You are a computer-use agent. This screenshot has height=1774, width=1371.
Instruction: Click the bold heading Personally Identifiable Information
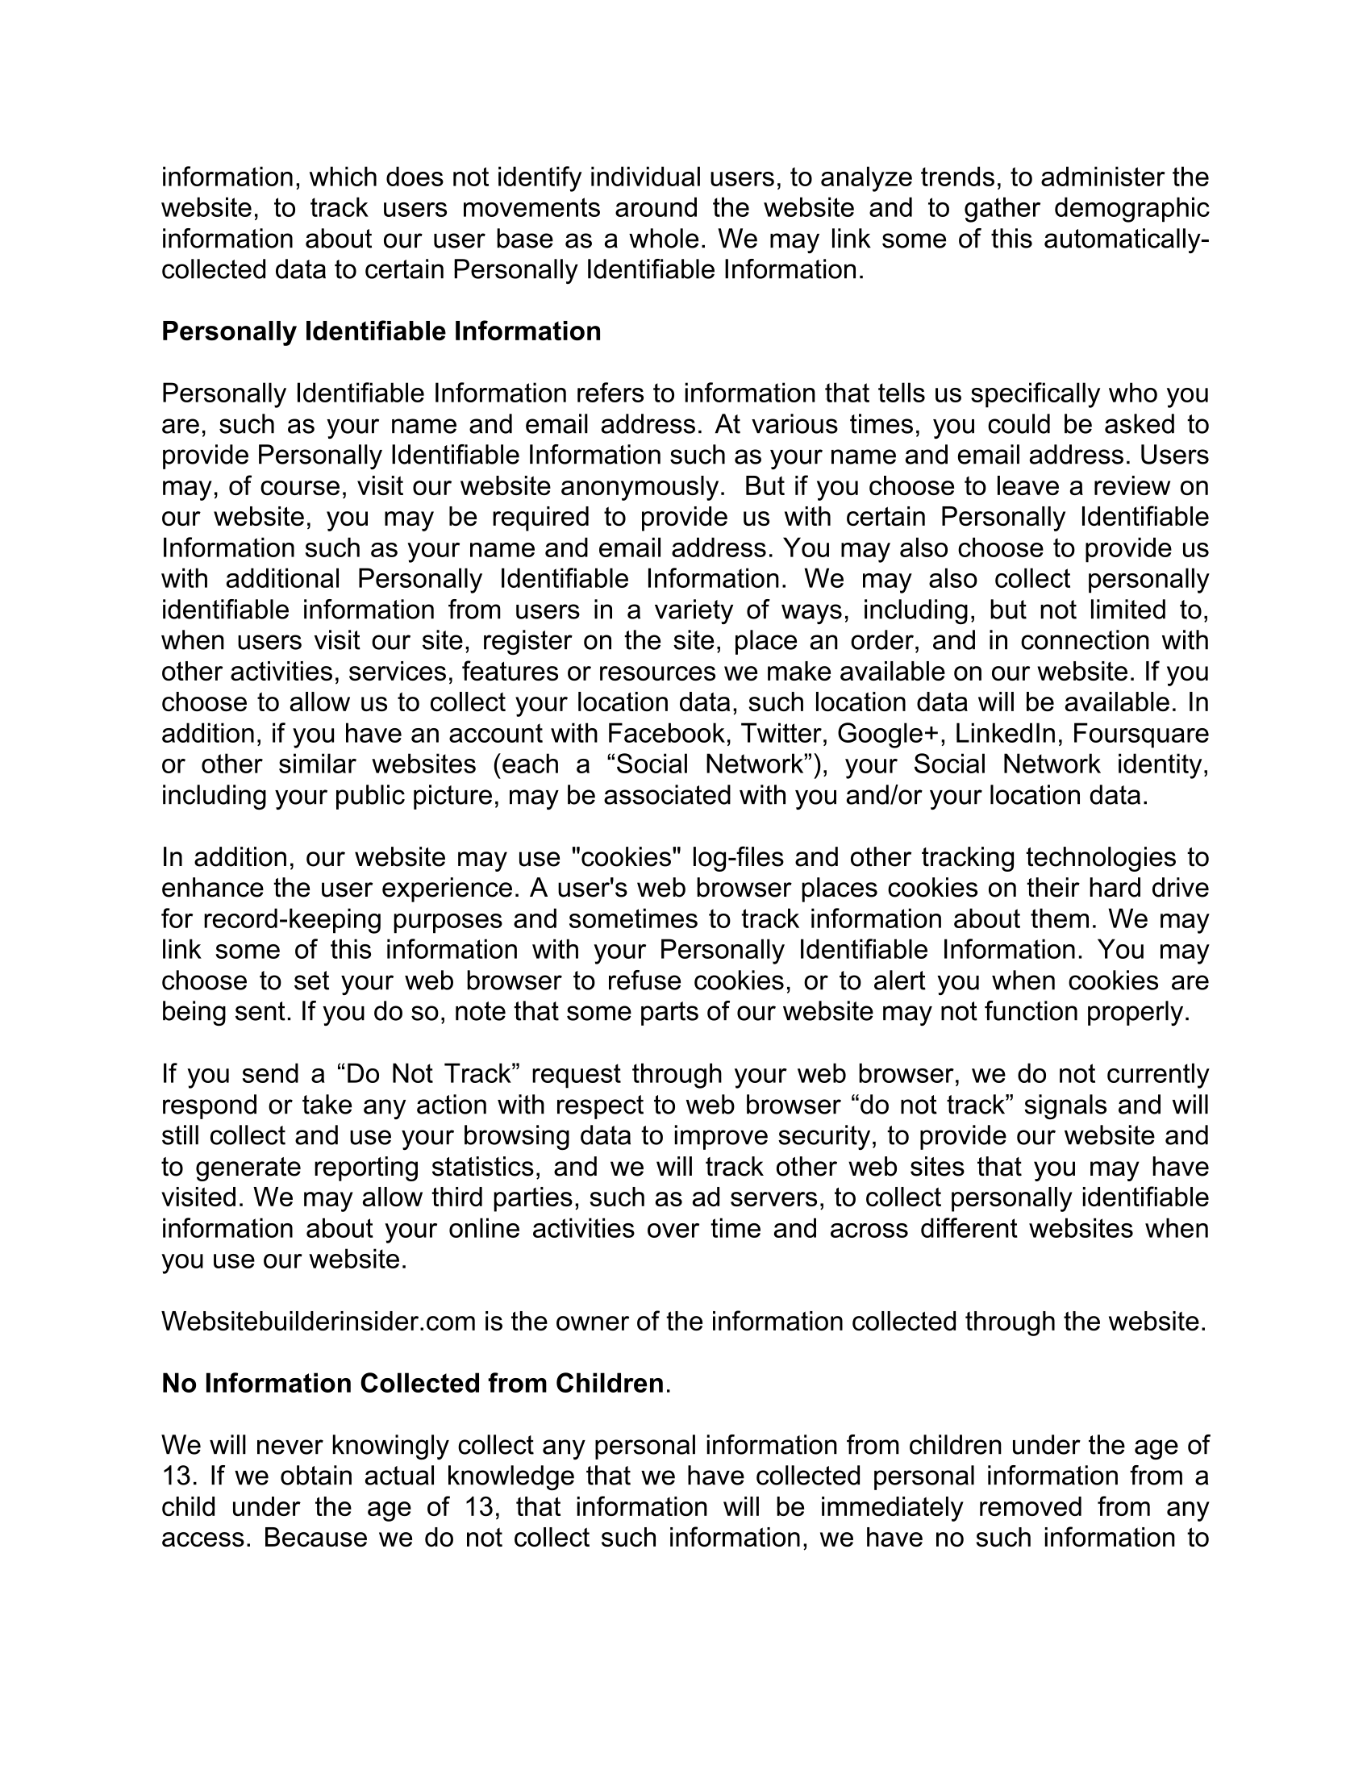click(381, 331)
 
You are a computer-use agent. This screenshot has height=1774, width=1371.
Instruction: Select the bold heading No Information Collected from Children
click(413, 1383)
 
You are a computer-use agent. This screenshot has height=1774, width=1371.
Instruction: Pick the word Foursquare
click(1140, 734)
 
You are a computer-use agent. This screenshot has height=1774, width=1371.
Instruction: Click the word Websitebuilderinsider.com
click(319, 1322)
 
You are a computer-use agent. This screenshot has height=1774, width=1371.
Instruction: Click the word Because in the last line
click(316, 1538)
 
